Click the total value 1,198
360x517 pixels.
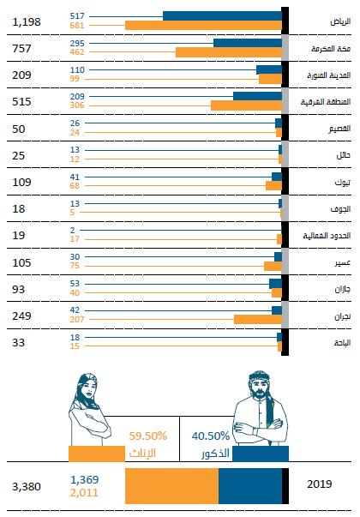tap(29, 21)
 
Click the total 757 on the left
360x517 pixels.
tap(23, 48)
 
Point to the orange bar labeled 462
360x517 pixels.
tap(228, 52)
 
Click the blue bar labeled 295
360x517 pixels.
tap(247, 42)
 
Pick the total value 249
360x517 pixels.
tap(23, 316)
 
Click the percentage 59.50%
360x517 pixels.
tap(147, 436)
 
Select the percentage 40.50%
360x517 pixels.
tap(210, 436)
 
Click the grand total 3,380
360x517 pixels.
tap(27, 485)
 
